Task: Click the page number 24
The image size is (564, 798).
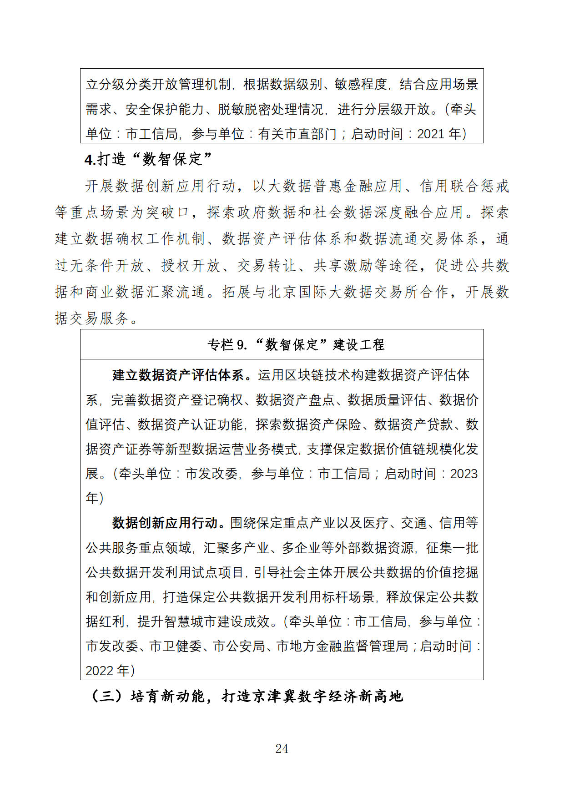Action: coord(282,748)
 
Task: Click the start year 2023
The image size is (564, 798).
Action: coord(464,474)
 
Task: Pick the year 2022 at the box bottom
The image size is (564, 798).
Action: coord(100,670)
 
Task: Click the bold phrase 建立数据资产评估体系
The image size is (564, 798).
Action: coord(178,375)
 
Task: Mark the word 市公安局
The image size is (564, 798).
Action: coord(239,646)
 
